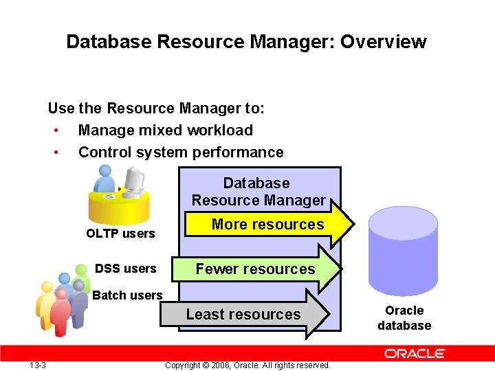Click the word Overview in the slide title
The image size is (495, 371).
384,42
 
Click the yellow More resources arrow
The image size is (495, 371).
268,225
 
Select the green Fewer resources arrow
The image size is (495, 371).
255,269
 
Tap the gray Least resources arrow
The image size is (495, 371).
243,315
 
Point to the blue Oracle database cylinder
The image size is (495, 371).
403,254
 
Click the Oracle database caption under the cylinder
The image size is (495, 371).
404,318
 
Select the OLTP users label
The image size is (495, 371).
120,234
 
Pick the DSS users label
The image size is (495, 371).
125,269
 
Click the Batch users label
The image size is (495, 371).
127,295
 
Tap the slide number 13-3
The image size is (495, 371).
38,365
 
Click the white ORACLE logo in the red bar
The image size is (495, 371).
415,354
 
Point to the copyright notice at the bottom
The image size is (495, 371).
247,365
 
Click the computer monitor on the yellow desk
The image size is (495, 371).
135,181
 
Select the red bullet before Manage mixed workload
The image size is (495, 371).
54,131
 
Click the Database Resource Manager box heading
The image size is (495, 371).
258,192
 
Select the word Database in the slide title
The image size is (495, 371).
109,42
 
